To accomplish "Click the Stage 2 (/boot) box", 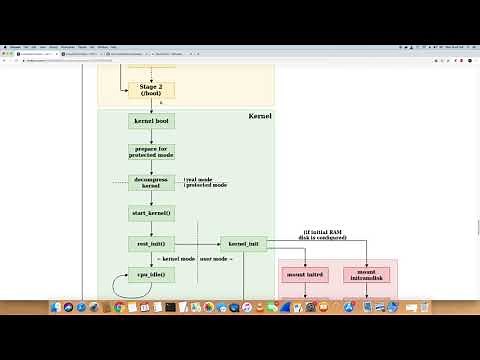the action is [151, 90].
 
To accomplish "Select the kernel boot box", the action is [151, 121].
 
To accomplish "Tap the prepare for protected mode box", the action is [151, 152].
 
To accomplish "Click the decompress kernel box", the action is [151, 183].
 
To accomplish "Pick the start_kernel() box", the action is [151, 213].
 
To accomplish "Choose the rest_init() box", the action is [151, 244].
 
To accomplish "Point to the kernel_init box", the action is [243, 244].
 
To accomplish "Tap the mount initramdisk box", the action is [366, 274].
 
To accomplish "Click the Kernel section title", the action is [259, 117].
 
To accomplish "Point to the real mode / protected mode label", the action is [205, 183].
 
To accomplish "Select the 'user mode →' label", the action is [217, 259].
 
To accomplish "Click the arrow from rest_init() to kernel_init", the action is [198, 244].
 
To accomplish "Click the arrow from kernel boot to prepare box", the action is [151, 136].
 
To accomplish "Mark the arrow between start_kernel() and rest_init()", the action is [151, 229].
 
